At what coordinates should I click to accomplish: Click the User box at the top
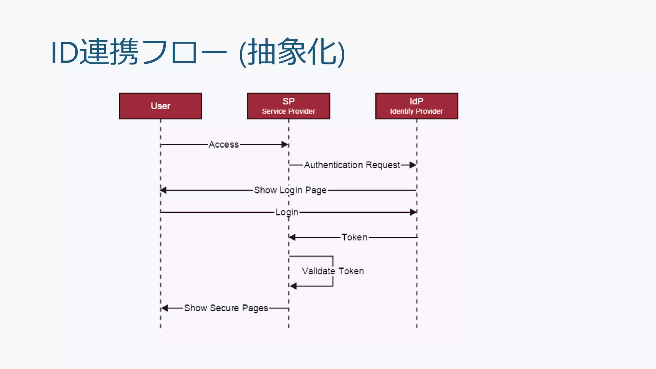click(160, 106)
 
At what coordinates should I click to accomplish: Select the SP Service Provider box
click(289, 106)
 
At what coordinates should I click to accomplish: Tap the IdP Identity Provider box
click(417, 106)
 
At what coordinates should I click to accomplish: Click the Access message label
click(224, 144)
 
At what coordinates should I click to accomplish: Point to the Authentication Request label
click(352, 165)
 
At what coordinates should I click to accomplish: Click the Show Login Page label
click(290, 190)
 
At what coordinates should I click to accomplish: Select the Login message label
click(287, 212)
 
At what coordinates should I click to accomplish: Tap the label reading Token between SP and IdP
click(354, 237)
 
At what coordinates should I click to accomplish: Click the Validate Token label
click(333, 271)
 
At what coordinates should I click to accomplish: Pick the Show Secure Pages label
click(226, 308)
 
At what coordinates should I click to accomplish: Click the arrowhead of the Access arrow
click(284, 144)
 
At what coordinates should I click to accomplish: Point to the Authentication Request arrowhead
click(413, 165)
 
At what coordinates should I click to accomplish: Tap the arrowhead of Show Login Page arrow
click(164, 190)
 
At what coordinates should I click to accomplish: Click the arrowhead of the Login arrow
click(413, 212)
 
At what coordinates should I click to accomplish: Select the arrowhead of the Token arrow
click(292, 237)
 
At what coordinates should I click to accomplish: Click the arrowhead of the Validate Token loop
click(293, 286)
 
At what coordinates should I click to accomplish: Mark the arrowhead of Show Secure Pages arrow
click(165, 308)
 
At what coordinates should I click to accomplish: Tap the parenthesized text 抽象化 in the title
click(292, 52)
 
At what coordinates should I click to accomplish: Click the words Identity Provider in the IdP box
click(416, 111)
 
